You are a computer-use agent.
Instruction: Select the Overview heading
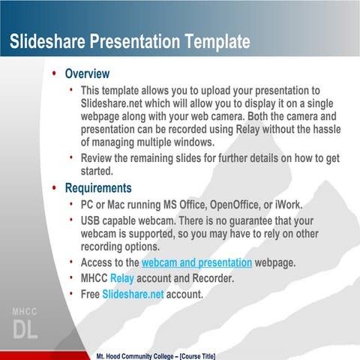coord(87,74)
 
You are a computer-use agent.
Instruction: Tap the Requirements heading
coord(98,187)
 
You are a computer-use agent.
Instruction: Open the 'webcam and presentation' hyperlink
coord(196,262)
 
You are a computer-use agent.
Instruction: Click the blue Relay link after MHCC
coord(133,278)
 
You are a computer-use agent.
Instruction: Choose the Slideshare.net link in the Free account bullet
coord(133,294)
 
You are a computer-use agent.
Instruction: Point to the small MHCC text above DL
coord(24,311)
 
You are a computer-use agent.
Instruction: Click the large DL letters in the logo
coord(24,329)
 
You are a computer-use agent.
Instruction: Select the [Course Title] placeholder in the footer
coord(190,354)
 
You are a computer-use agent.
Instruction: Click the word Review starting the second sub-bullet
coord(99,158)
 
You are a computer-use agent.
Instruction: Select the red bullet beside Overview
coord(53,75)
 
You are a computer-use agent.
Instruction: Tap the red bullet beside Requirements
coord(53,188)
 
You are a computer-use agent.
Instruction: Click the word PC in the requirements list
coord(88,205)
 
